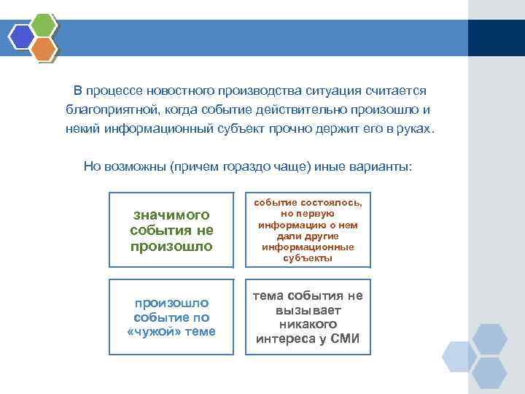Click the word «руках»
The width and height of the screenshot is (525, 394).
coord(416,129)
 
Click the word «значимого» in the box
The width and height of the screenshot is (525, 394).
coord(171,215)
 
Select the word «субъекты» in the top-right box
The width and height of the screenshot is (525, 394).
coord(306,258)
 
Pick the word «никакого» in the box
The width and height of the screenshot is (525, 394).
coord(307,323)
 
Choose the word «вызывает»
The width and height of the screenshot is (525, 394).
coord(307,309)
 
